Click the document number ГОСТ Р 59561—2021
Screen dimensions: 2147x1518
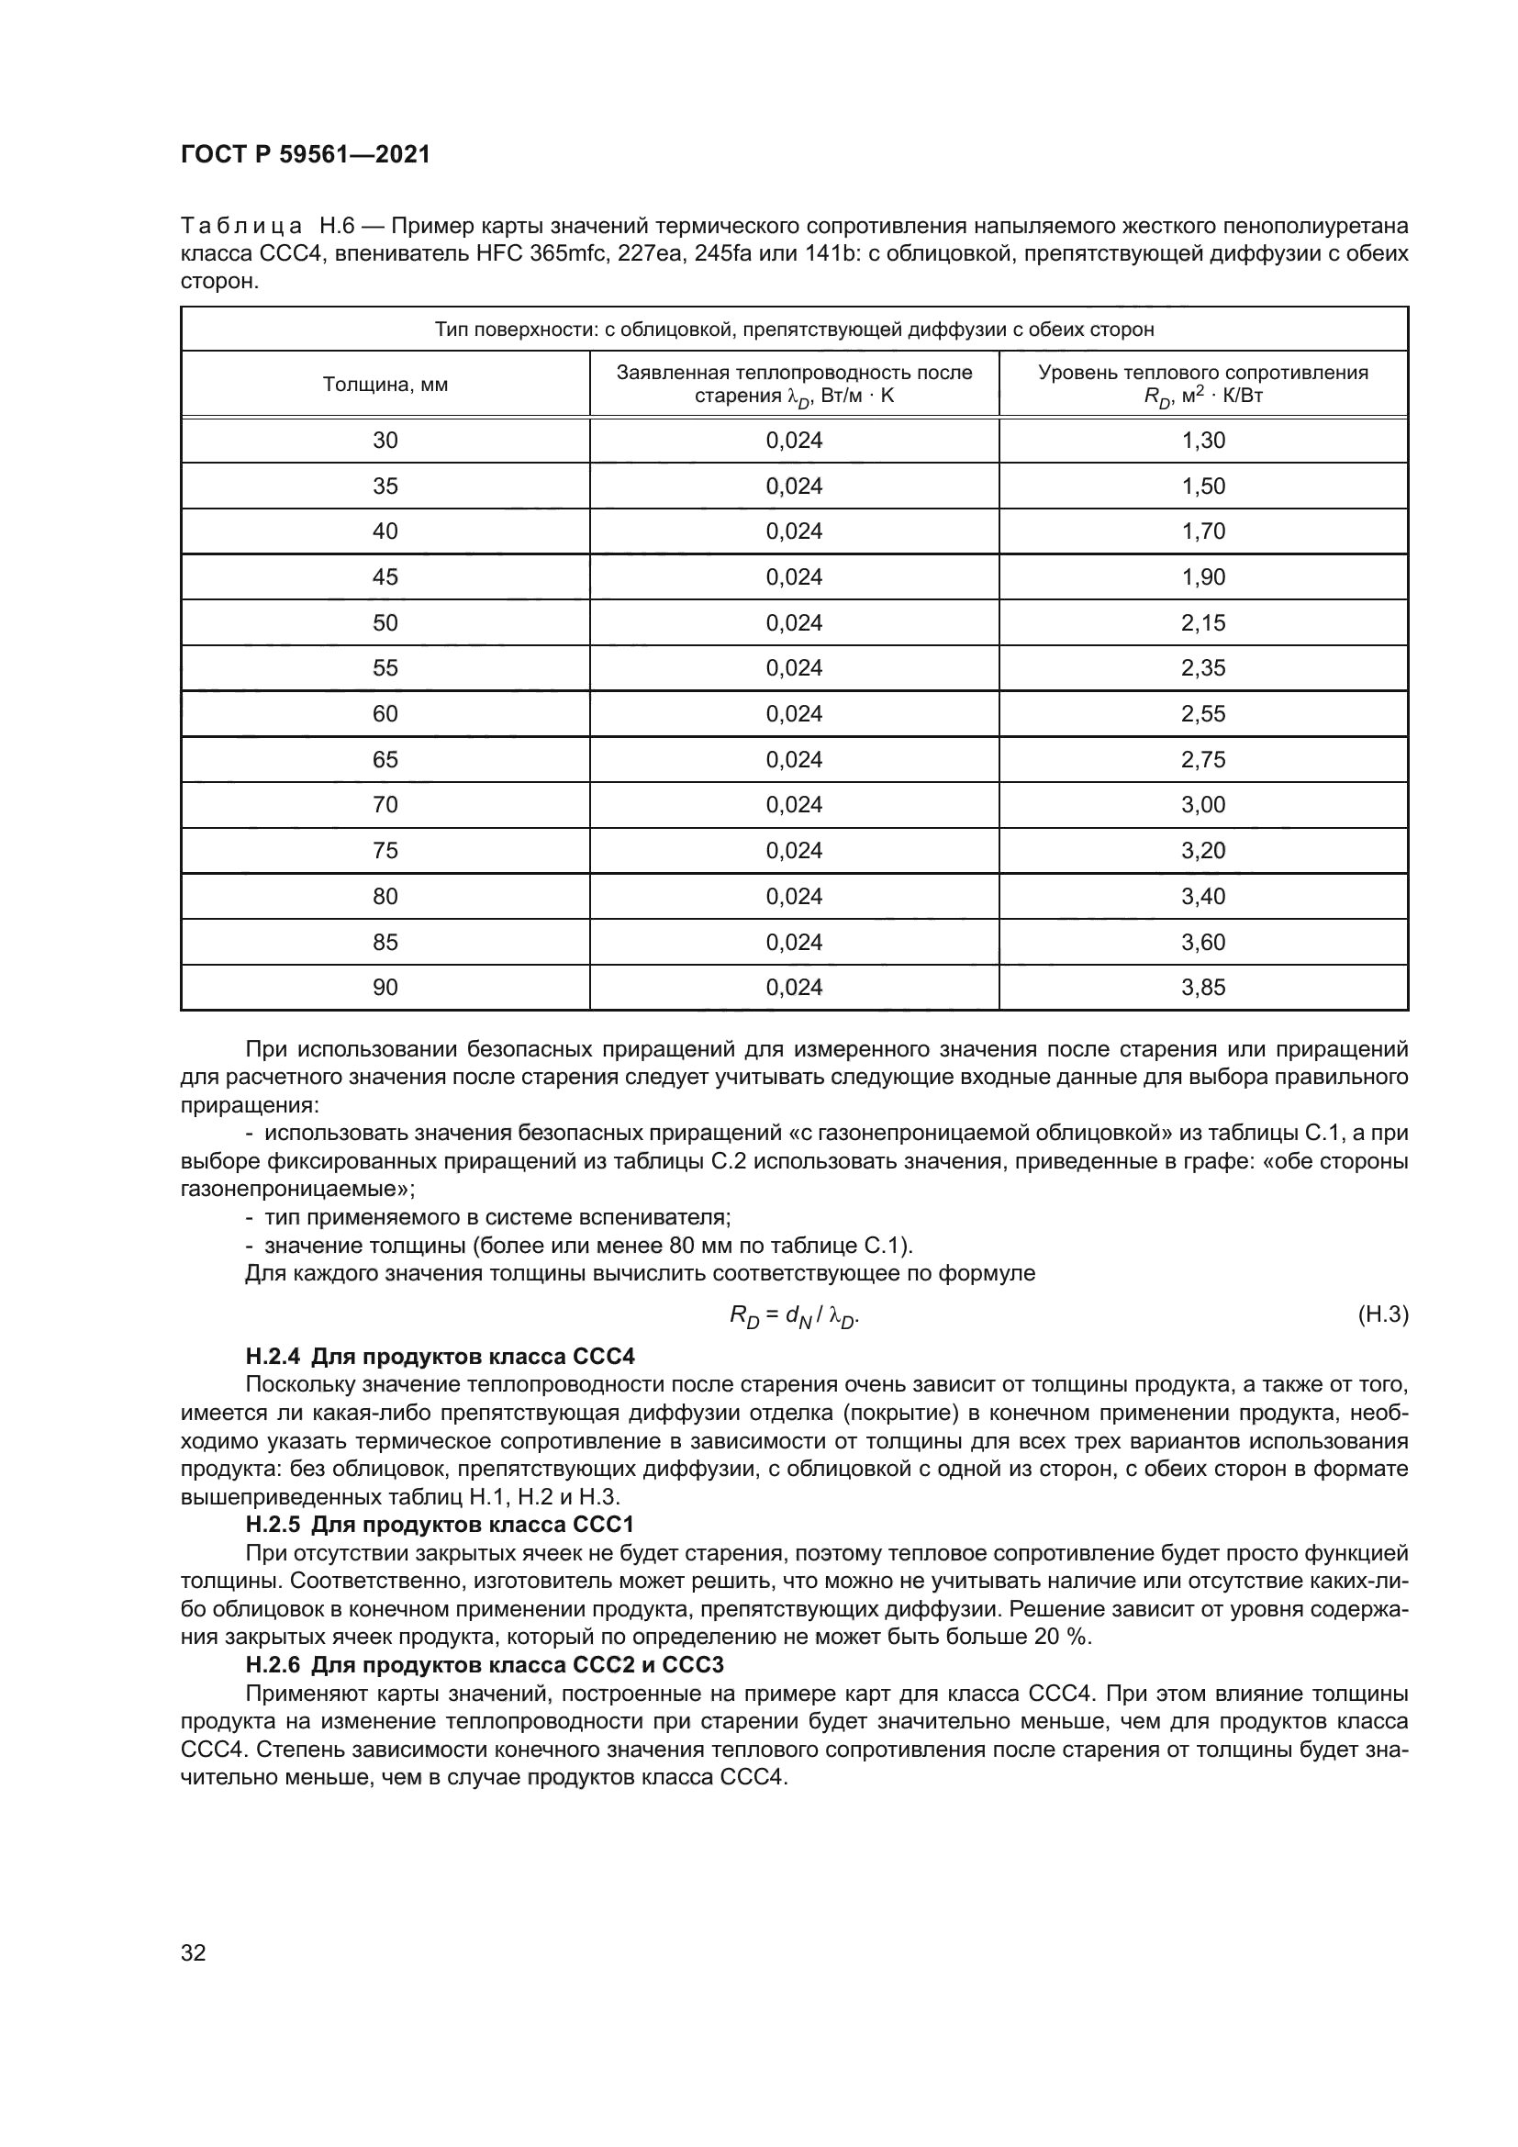pos(305,154)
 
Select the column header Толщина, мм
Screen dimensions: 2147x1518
pos(385,385)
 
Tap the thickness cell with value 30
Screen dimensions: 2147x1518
pos(385,441)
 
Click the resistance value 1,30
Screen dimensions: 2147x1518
pos(1203,441)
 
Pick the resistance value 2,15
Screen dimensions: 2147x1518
pos(1203,622)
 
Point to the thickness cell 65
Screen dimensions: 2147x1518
pos(385,759)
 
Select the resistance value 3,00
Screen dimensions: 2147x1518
pos(1203,805)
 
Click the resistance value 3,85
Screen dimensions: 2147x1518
pos(1203,988)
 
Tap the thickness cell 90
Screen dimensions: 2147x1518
pos(385,988)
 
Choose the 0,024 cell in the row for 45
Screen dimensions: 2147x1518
pos(794,577)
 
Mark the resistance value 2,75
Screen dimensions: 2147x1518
pos(1203,759)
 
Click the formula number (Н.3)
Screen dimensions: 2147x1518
pos(1381,1314)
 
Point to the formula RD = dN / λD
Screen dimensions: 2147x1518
pos(794,1316)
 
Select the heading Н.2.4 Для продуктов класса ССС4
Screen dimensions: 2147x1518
pos(441,1357)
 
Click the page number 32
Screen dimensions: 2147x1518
pos(194,1953)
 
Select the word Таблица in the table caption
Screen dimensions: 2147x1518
pos(241,227)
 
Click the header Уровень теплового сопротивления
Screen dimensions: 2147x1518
pos(1203,373)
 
